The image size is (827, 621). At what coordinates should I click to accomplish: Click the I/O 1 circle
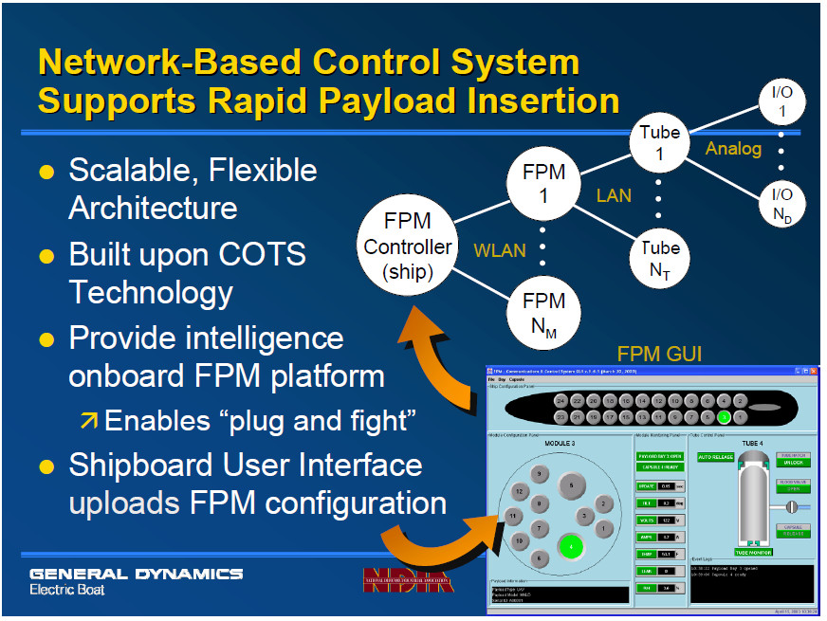(x=783, y=102)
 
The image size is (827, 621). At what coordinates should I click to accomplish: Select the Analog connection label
(x=733, y=149)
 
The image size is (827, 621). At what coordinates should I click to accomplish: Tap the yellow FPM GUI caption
(x=661, y=354)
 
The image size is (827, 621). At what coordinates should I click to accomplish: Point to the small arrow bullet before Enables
(x=89, y=420)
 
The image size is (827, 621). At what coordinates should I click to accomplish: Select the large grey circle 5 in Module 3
(x=571, y=485)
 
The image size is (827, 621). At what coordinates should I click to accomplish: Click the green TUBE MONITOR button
(x=753, y=552)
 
